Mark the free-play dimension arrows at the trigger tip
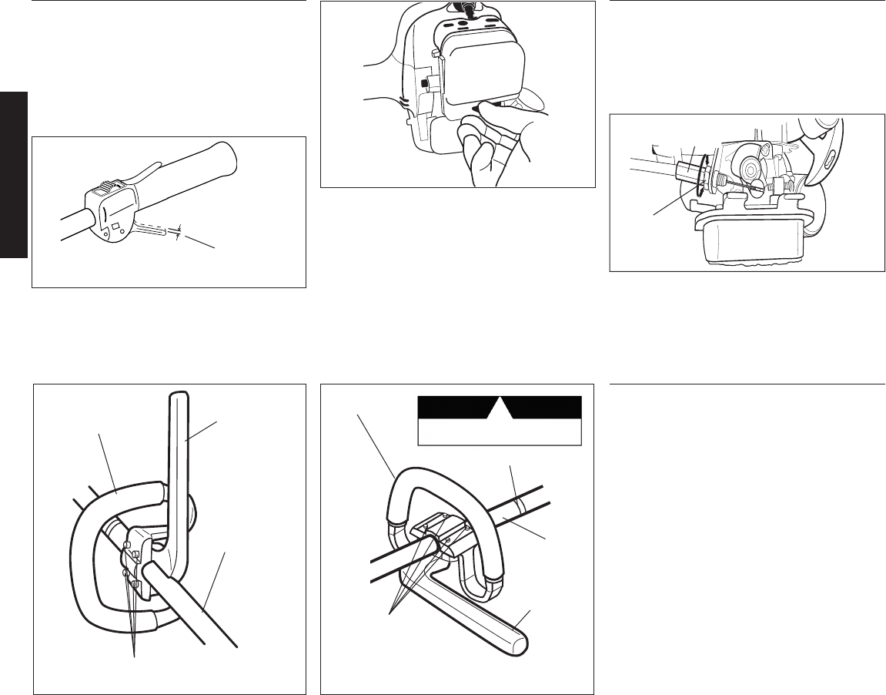pos(179,230)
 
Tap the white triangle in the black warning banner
pos(498,408)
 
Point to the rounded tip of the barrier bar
pos(517,643)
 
